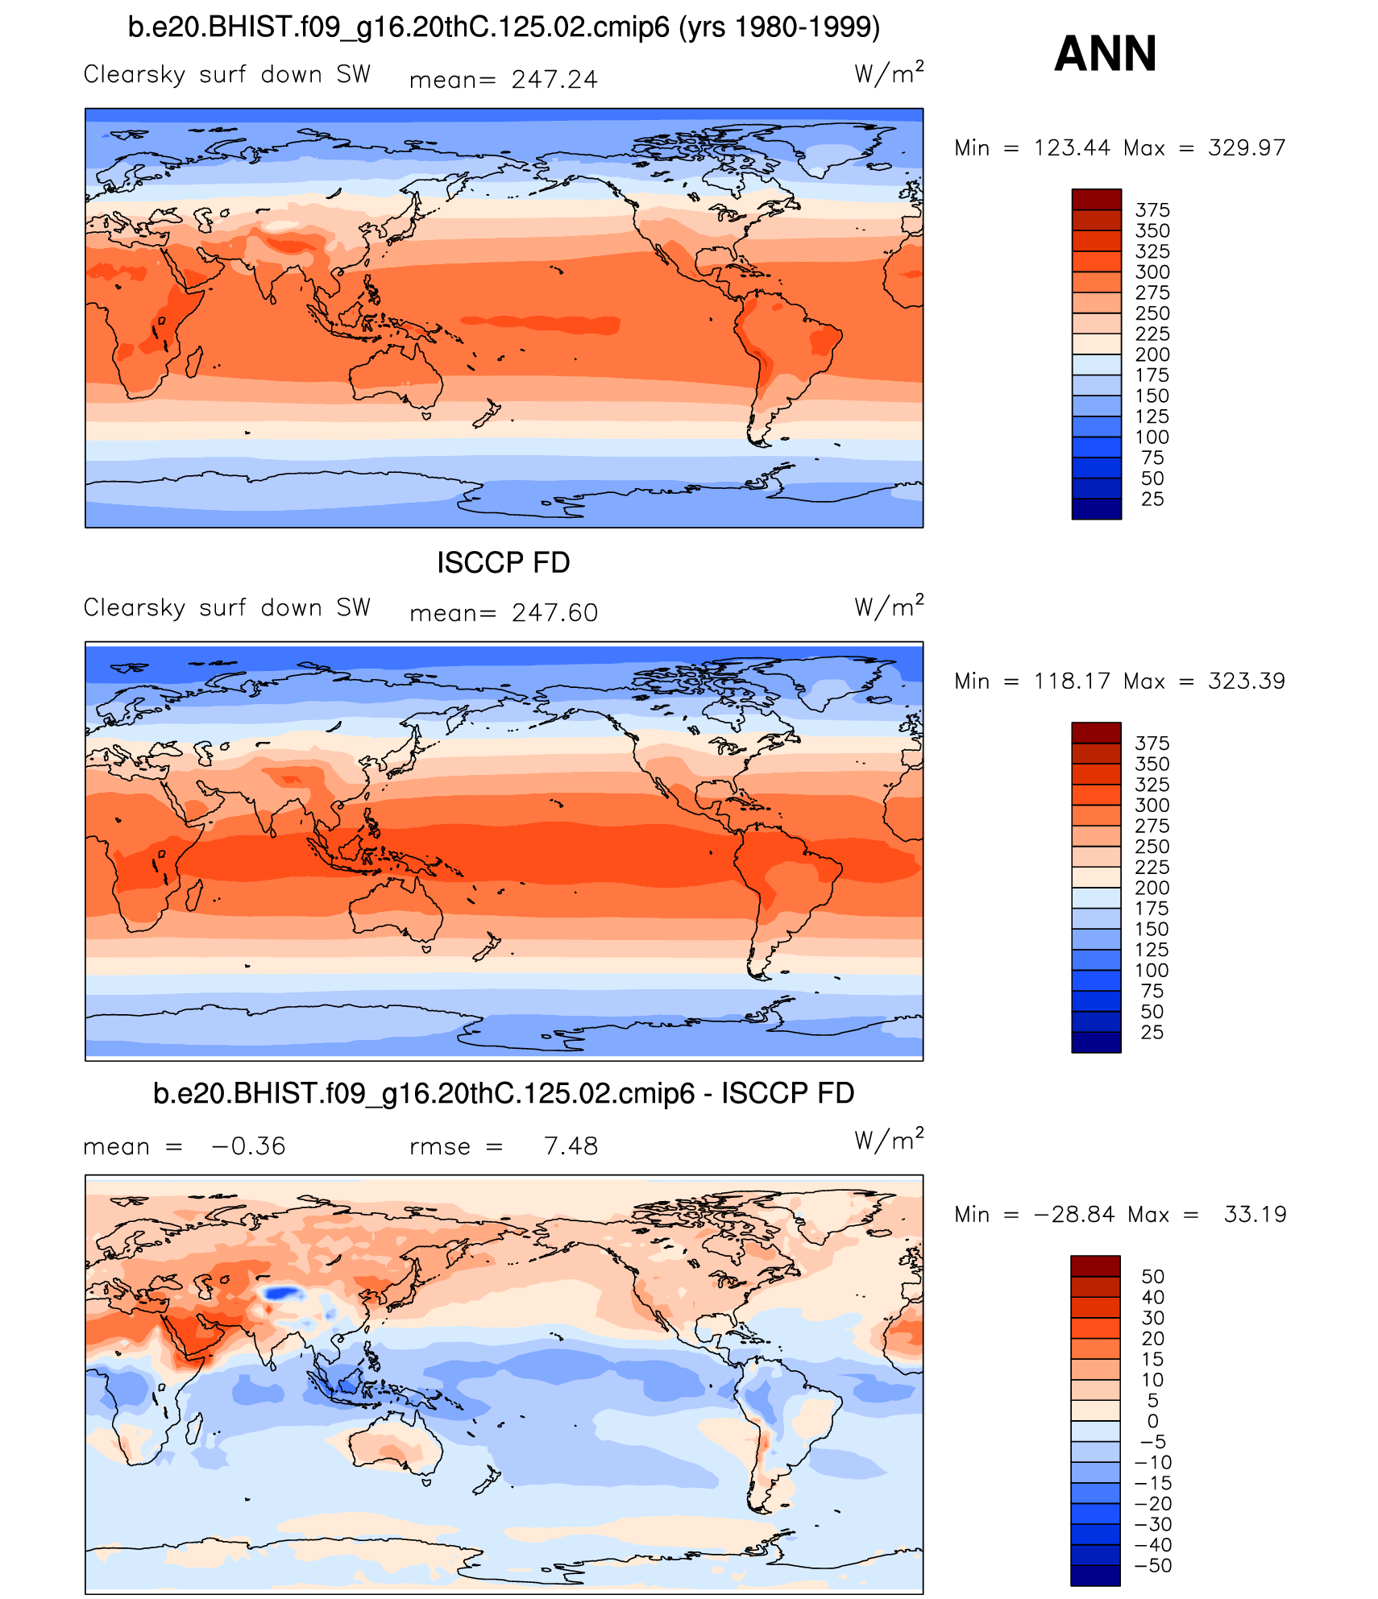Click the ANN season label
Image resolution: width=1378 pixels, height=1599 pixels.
(1105, 54)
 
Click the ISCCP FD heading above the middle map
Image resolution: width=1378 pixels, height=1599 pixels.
(503, 562)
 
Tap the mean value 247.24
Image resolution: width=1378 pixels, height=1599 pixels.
(554, 80)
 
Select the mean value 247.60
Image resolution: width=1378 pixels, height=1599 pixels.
(554, 613)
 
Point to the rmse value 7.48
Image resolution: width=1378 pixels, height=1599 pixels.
(571, 1146)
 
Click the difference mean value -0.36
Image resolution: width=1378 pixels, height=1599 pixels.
(248, 1146)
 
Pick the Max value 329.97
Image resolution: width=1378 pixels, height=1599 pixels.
(1246, 148)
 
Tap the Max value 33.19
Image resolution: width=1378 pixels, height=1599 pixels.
(1255, 1215)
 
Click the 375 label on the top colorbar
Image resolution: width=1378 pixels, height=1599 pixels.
(1152, 210)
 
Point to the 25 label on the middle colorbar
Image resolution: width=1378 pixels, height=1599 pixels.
(1152, 1033)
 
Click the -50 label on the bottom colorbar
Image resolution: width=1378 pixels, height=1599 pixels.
(1153, 1566)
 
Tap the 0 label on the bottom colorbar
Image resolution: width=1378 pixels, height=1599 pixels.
(1153, 1422)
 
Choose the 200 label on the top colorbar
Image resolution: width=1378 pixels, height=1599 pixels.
(1152, 355)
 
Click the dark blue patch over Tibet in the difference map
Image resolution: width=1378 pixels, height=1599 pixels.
(281, 1293)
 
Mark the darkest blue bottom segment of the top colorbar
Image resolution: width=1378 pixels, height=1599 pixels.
(1096, 509)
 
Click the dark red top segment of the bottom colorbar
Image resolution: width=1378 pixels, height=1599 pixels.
(1095, 1266)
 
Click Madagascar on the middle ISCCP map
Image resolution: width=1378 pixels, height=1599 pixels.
(193, 895)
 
